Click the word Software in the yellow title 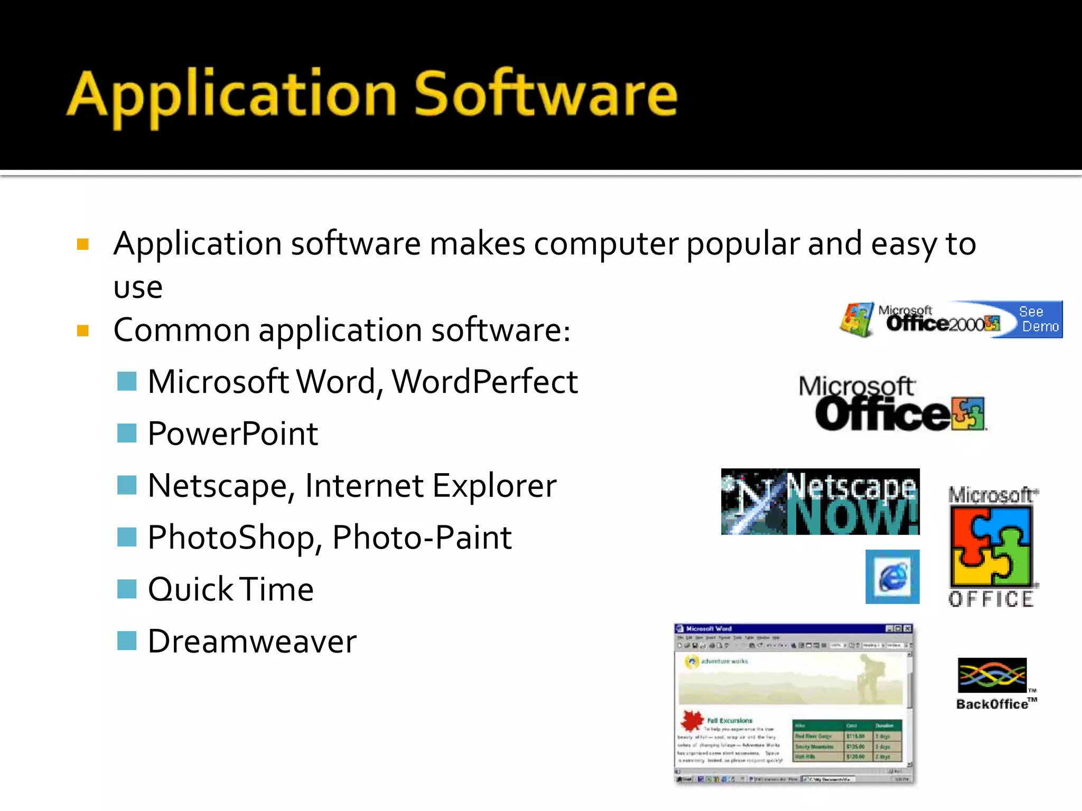(x=545, y=95)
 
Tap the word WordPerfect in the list (x=484, y=382)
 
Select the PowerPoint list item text (x=232, y=434)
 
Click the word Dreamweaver (x=252, y=642)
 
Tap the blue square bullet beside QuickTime (x=127, y=589)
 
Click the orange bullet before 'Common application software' (x=82, y=331)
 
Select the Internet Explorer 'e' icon (x=892, y=577)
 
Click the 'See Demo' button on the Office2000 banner (x=1039, y=319)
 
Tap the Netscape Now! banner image (x=820, y=502)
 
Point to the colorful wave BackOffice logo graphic (x=992, y=675)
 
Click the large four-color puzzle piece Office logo (x=991, y=547)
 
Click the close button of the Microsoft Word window (x=907, y=629)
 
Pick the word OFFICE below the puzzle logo (x=991, y=600)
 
